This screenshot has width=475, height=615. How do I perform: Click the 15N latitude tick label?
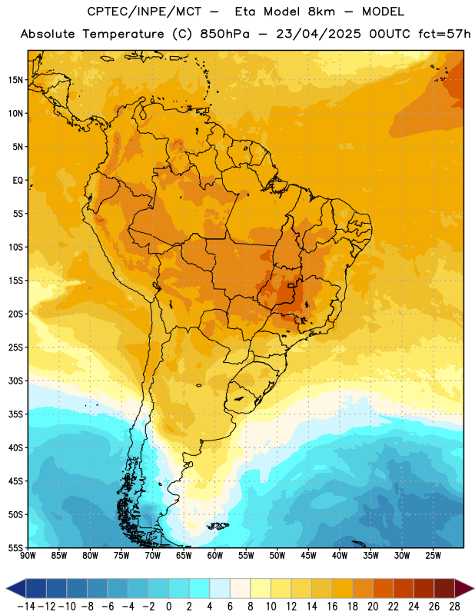[x=15, y=80]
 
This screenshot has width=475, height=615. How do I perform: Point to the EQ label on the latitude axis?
[x=18, y=181]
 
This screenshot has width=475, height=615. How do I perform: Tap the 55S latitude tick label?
[x=15, y=547]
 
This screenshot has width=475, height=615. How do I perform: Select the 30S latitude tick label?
[x=15, y=381]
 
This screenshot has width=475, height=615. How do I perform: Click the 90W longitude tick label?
[x=28, y=556]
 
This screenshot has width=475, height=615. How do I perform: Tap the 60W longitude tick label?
[x=215, y=556]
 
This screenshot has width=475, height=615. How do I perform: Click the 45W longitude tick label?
[x=308, y=556]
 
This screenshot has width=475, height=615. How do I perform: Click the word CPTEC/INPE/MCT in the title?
[x=144, y=12]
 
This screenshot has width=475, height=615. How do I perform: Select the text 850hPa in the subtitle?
[x=224, y=34]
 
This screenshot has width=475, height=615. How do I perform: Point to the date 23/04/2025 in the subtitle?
[x=318, y=34]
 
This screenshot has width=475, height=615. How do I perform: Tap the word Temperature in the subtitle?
[x=123, y=35]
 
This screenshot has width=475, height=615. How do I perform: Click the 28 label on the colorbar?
[x=454, y=607]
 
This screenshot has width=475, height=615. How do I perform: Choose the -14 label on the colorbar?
[x=26, y=607]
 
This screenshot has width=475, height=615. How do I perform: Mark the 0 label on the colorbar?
[x=168, y=607]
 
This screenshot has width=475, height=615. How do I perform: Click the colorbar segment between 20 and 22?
[x=384, y=588]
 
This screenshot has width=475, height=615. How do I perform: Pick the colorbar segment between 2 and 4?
[x=200, y=588]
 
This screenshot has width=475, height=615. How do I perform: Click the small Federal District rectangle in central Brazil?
[x=291, y=285]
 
